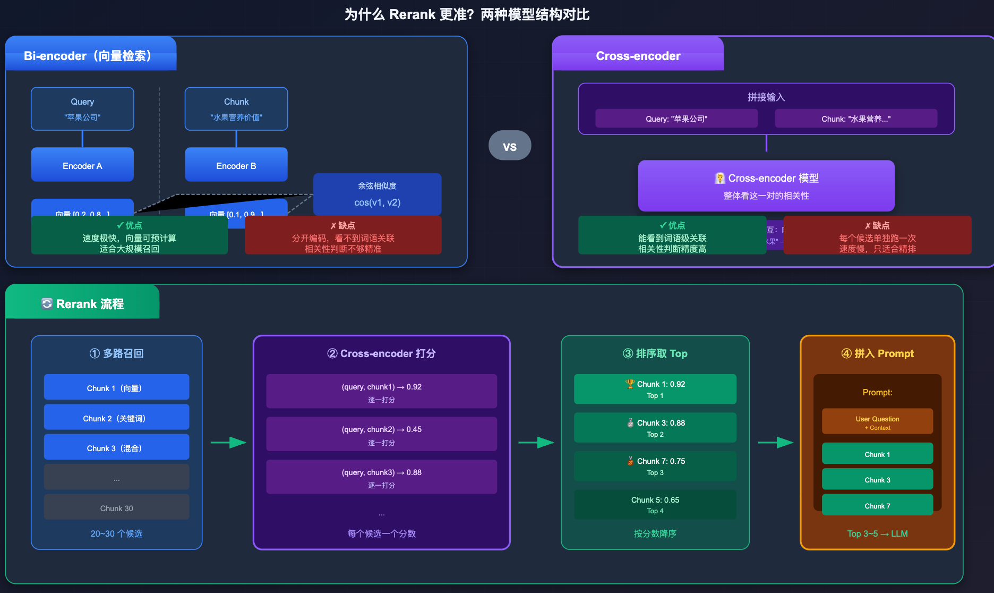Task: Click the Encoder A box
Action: click(x=82, y=165)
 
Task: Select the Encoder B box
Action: click(x=236, y=165)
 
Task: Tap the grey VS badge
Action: click(x=510, y=146)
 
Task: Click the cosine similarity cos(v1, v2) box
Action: click(x=377, y=194)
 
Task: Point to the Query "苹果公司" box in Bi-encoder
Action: click(x=82, y=109)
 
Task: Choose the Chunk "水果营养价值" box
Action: click(x=236, y=109)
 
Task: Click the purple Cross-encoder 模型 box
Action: click(x=766, y=186)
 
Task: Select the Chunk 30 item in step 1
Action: click(x=116, y=507)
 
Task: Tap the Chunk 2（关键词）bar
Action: click(x=116, y=418)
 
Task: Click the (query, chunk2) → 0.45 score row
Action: click(x=381, y=434)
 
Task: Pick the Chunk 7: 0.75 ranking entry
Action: click(x=655, y=466)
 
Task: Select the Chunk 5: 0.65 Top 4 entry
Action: click(x=655, y=505)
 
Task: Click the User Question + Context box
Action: click(x=877, y=422)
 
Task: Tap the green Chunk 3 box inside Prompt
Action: click(x=877, y=479)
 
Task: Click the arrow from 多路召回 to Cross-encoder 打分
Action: click(x=228, y=442)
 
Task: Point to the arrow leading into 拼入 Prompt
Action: click(x=775, y=442)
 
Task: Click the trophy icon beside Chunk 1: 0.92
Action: click(x=630, y=384)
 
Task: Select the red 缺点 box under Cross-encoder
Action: click(x=877, y=236)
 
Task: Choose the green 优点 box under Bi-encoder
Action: click(x=130, y=236)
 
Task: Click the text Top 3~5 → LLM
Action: click(x=877, y=533)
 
